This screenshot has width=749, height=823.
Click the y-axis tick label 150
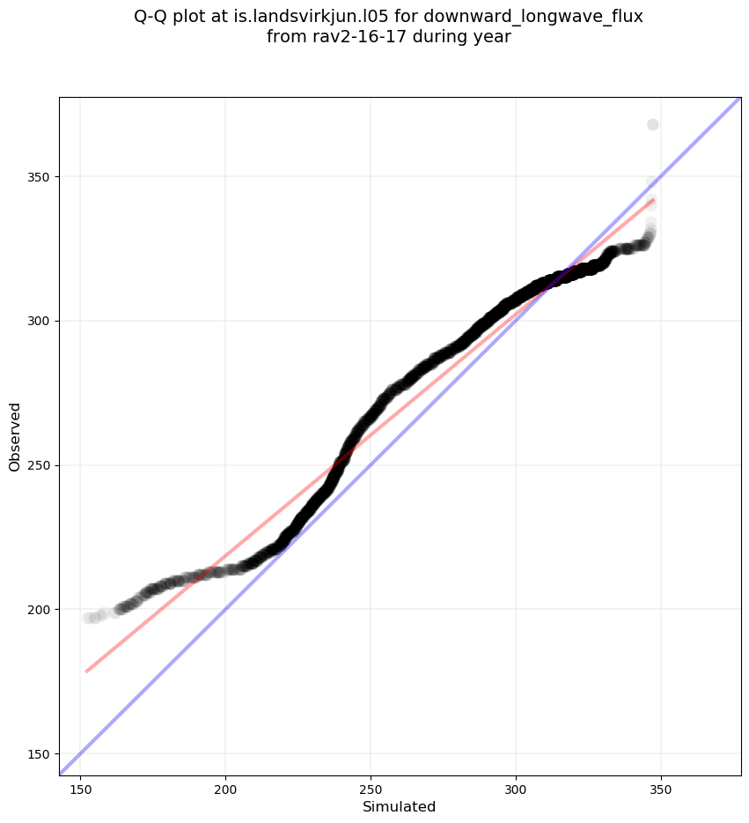(40, 753)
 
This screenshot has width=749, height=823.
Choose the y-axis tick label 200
(40, 609)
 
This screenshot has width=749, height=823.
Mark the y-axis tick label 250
(40, 465)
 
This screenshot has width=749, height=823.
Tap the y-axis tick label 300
(40, 321)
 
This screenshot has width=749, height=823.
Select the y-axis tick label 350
(40, 176)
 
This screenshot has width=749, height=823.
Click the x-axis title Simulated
(400, 807)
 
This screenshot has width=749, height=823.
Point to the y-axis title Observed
(15, 436)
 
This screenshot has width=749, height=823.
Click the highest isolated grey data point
(652, 124)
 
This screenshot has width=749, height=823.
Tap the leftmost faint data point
(88, 618)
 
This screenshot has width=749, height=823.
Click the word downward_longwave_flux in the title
(542, 17)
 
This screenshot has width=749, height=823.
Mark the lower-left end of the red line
(86, 671)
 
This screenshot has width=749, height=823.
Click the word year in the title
(494, 38)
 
